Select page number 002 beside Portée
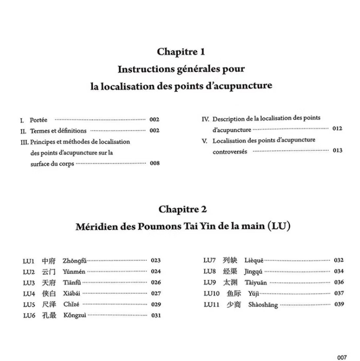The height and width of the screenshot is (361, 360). (x=154, y=120)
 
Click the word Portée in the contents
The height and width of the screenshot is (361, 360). (x=39, y=120)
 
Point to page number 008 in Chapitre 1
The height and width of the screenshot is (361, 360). (x=154, y=163)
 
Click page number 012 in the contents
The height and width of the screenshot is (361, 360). (x=337, y=128)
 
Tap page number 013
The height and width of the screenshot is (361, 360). (x=337, y=151)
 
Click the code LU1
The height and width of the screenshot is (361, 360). (x=29, y=261)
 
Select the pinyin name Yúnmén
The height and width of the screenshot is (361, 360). (x=72, y=272)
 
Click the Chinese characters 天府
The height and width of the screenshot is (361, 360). (x=49, y=283)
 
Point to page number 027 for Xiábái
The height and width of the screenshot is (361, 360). (x=155, y=294)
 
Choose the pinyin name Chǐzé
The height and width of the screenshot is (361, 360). (x=71, y=304)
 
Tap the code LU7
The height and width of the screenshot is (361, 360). (x=210, y=260)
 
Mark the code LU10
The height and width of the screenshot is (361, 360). (x=212, y=293)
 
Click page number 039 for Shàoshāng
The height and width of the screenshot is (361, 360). (x=339, y=304)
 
